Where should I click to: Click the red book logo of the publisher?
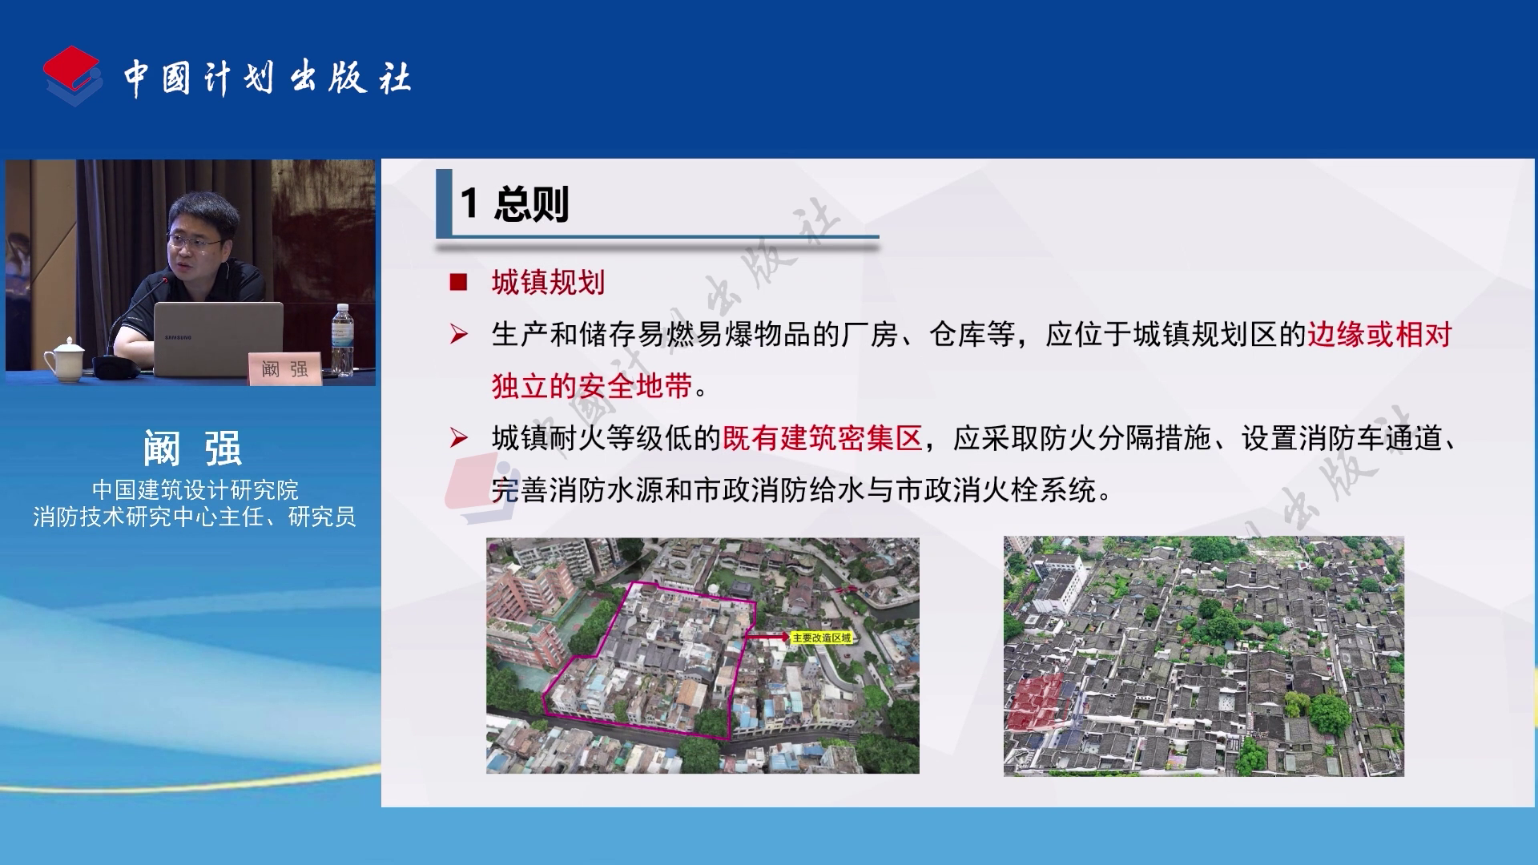click(x=72, y=75)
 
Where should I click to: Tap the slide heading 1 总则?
click(x=514, y=203)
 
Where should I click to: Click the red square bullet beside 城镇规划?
click(x=458, y=282)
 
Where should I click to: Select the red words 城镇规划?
click(x=548, y=282)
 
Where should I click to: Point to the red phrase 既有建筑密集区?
click(x=823, y=438)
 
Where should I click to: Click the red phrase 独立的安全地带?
click(x=592, y=386)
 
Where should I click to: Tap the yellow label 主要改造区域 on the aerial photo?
click(x=822, y=638)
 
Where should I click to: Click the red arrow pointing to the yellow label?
click(x=767, y=638)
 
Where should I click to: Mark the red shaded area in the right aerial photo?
click(x=1035, y=702)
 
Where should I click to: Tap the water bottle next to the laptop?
click(x=342, y=340)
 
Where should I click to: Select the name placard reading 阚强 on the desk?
click(x=285, y=368)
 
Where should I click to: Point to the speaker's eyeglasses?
click(x=195, y=242)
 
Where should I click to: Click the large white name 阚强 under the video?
click(x=192, y=448)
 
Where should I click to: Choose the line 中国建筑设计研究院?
click(x=195, y=489)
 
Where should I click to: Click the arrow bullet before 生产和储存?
click(x=459, y=334)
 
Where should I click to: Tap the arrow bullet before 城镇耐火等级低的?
click(x=459, y=437)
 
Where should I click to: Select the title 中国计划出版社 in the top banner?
click(x=267, y=78)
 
